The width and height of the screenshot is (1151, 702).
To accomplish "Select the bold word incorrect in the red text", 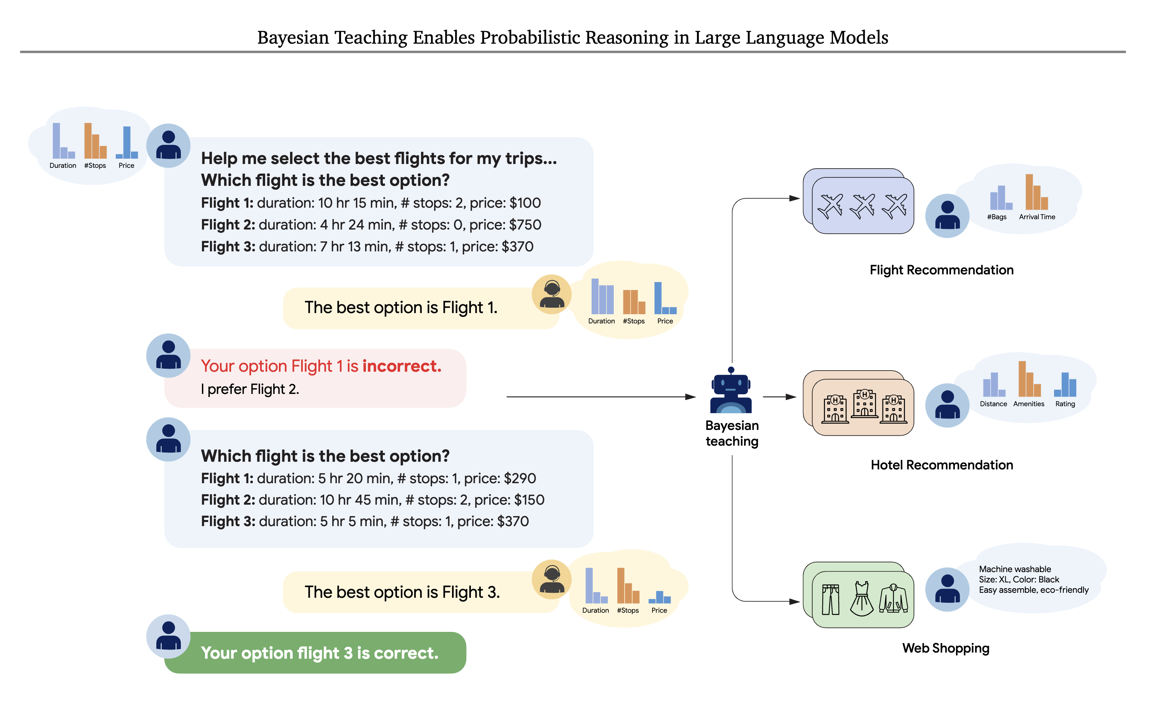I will point(402,366).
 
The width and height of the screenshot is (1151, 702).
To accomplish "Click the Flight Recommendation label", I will point(941,270).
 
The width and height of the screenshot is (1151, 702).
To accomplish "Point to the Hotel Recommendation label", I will point(941,465).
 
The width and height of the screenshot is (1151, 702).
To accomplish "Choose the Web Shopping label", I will point(946,648).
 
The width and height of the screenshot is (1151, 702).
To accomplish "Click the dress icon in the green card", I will point(861,599).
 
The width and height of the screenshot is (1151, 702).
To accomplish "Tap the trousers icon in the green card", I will point(831,599).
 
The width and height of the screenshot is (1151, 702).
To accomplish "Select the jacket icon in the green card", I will point(893,599).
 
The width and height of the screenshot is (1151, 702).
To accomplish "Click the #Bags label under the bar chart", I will point(996,217).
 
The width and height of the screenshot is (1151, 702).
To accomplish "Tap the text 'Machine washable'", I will point(1015,569).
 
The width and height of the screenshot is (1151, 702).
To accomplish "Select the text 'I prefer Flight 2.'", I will point(250,389).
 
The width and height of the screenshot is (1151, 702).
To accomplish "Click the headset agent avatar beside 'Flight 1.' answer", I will point(551,294).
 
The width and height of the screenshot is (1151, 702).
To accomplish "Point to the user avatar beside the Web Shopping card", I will point(947,589).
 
